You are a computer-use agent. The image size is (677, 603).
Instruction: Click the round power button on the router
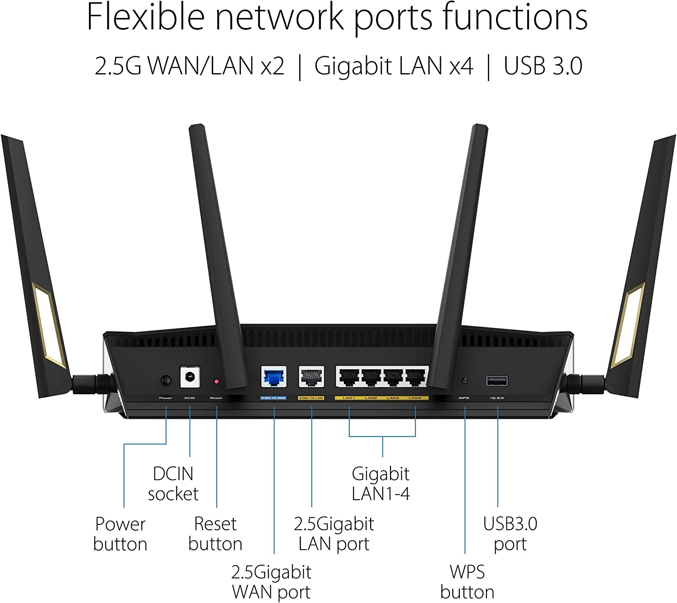point(166,380)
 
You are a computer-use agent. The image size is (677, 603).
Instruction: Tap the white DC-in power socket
point(190,377)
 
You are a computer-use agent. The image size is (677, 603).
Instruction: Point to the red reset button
point(216,382)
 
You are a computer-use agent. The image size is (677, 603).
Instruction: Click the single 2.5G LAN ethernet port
point(311,377)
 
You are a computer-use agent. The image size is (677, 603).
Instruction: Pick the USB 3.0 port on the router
point(497,381)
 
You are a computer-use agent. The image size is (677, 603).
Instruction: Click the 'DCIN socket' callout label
point(173,484)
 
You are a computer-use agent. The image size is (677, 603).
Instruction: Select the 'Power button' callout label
point(121,534)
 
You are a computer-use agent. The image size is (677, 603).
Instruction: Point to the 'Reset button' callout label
point(215,534)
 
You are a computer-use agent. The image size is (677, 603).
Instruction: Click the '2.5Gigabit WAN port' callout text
point(271,582)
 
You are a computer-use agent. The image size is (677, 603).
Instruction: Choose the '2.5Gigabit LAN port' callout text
point(334,534)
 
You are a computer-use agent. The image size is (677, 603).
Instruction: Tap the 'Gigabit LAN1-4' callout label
point(381,484)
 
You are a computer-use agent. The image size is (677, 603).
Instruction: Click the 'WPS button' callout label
point(467,582)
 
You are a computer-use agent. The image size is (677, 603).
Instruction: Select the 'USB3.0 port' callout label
point(510,534)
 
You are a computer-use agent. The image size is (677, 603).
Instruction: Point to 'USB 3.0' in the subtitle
point(543,66)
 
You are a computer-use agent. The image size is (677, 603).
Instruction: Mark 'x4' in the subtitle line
point(461,66)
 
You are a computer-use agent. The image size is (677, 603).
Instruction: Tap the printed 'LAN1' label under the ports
point(349,398)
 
